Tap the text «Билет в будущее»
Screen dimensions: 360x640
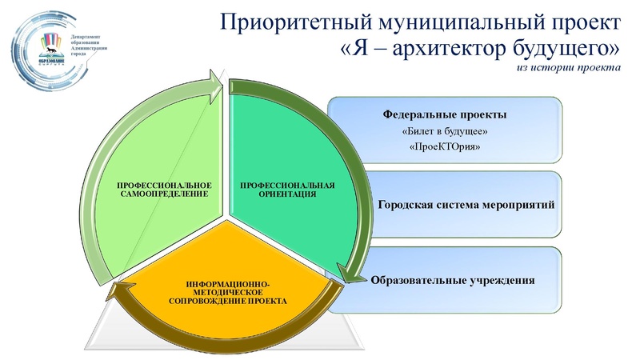[444, 130]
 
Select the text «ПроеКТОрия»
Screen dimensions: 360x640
[444, 148]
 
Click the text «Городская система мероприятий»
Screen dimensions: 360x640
[466, 205]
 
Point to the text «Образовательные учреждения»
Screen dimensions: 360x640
[452, 281]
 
